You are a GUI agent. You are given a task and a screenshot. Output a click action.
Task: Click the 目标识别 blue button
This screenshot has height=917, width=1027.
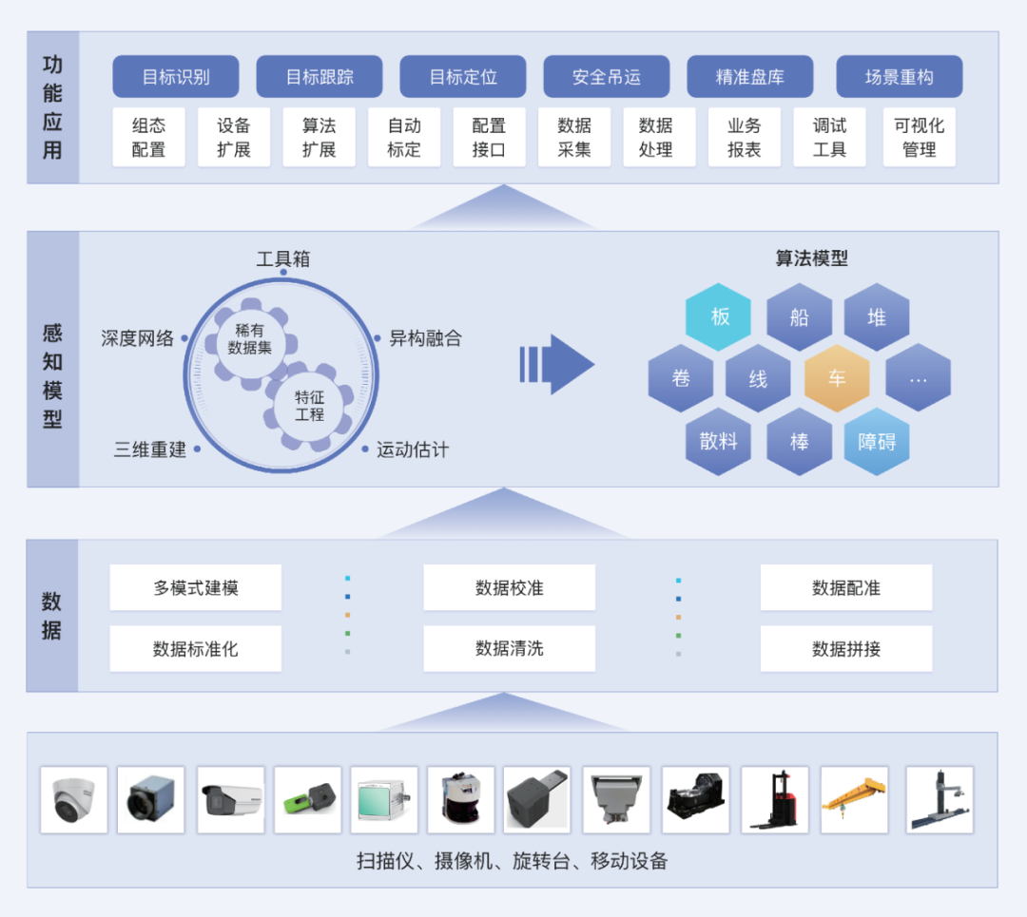(176, 77)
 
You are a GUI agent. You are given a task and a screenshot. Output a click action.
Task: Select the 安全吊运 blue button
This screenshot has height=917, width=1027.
(606, 77)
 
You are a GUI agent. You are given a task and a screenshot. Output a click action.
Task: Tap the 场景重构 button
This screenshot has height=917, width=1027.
(899, 77)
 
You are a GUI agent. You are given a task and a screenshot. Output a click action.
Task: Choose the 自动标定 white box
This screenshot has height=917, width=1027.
(404, 137)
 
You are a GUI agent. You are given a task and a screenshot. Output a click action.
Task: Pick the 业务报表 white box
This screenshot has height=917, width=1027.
(744, 137)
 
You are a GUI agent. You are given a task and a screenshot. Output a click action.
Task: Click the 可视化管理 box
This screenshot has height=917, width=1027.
(919, 137)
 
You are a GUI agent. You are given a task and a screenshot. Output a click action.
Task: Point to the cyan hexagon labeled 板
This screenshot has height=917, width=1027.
(719, 316)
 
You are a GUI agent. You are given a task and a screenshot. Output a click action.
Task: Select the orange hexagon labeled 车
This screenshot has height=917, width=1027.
(837, 378)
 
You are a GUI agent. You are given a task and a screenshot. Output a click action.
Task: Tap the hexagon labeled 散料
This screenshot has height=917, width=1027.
(719, 441)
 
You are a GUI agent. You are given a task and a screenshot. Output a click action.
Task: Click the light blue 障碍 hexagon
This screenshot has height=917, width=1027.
(877, 441)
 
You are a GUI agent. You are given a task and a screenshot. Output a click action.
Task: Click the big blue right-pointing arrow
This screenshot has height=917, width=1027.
(558, 364)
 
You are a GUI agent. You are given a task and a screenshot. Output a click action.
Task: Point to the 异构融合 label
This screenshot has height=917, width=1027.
(425, 338)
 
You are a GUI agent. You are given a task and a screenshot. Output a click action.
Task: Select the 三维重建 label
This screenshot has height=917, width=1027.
(150, 449)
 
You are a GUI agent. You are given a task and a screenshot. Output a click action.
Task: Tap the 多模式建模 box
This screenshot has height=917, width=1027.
(195, 587)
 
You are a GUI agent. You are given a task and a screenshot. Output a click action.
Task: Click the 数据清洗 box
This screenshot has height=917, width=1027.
(509, 648)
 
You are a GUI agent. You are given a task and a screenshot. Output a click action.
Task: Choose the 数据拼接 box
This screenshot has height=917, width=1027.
(845, 648)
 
